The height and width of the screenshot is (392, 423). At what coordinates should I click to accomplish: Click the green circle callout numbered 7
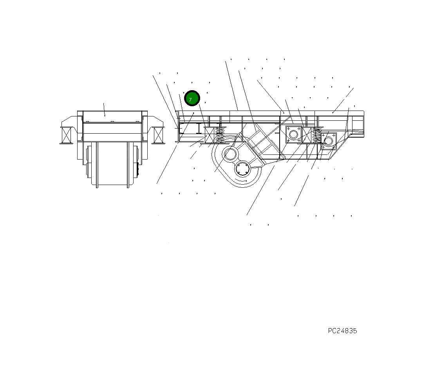pyautogui.click(x=192, y=98)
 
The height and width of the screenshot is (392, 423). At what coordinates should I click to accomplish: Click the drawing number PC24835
pyautogui.click(x=342, y=331)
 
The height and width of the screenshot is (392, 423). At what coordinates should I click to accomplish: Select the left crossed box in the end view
pyautogui.click(x=67, y=135)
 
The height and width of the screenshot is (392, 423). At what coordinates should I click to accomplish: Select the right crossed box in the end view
pyautogui.click(x=158, y=135)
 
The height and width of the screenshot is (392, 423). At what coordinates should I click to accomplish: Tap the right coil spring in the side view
pyautogui.click(x=316, y=135)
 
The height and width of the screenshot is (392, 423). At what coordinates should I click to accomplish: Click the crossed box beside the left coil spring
pyautogui.click(x=210, y=135)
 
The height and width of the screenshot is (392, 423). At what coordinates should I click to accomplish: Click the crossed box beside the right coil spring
pyautogui.click(x=306, y=135)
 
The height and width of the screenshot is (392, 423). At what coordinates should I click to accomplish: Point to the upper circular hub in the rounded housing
pyautogui.click(x=230, y=154)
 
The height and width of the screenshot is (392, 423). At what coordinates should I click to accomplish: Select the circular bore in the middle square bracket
pyautogui.click(x=293, y=134)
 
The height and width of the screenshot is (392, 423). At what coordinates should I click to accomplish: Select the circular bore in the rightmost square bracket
pyautogui.click(x=328, y=141)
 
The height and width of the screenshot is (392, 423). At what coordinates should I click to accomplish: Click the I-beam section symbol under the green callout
pyautogui.click(x=199, y=128)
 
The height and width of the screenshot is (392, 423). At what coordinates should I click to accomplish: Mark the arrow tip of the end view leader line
pyautogui.click(x=105, y=116)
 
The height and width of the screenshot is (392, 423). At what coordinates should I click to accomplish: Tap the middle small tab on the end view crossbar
pyautogui.click(x=112, y=122)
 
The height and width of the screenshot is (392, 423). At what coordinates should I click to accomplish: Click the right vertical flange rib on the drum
pyautogui.click(x=128, y=164)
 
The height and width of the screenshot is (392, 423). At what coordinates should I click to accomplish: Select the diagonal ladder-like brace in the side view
pyautogui.click(x=260, y=141)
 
